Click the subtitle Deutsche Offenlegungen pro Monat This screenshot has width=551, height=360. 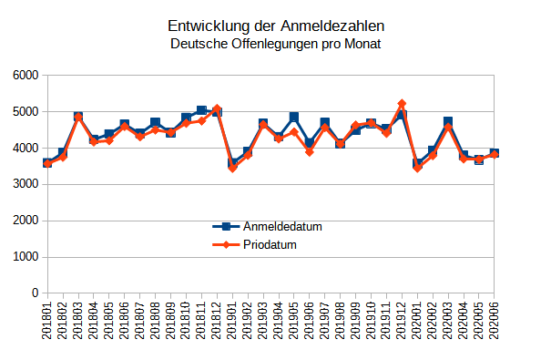coord(275,44)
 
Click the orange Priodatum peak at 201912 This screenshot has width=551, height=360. coord(402,104)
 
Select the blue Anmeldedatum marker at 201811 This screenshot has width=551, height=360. coord(201,110)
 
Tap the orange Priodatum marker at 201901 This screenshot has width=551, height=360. coord(232,168)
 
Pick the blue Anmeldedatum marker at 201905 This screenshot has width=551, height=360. coord(294,117)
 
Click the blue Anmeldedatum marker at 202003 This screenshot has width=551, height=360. coord(448,121)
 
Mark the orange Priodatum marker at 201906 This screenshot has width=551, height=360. coord(310,152)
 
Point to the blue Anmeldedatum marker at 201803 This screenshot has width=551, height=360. coord(78,117)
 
